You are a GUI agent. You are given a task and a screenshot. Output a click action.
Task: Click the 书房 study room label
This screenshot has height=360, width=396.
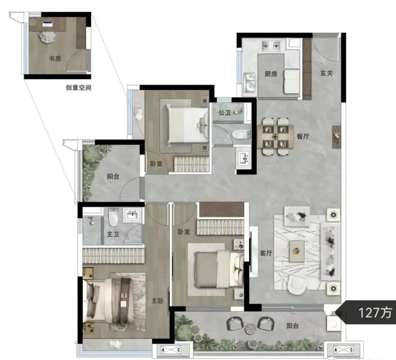55,59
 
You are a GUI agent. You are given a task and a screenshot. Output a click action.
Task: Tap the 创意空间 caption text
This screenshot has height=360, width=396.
78,88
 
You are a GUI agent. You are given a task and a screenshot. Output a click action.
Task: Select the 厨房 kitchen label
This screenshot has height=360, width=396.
271,74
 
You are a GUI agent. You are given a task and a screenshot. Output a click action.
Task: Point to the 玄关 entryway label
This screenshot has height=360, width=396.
326,73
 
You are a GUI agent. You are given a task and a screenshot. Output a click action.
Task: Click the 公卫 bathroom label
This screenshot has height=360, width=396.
224,113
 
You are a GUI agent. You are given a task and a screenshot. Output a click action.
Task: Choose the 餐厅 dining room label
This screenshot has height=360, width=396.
303,136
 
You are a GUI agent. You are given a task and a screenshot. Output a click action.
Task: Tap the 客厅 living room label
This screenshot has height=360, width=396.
266,253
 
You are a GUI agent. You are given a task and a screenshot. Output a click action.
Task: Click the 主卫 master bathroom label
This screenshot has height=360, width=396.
113,234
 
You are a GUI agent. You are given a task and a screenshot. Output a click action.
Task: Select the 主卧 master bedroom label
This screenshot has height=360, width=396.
157,301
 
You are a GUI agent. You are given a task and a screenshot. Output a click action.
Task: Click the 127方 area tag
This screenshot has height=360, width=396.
375,313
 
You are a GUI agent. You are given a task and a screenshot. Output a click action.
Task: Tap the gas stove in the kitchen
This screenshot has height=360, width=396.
271,46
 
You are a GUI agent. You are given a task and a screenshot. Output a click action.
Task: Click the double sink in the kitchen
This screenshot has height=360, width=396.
250,83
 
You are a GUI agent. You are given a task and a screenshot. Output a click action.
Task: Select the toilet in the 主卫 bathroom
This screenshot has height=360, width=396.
113,217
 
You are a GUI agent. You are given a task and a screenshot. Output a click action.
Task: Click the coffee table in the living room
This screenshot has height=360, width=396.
297,251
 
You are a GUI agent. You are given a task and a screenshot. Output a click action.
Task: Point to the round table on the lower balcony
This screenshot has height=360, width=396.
250,329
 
